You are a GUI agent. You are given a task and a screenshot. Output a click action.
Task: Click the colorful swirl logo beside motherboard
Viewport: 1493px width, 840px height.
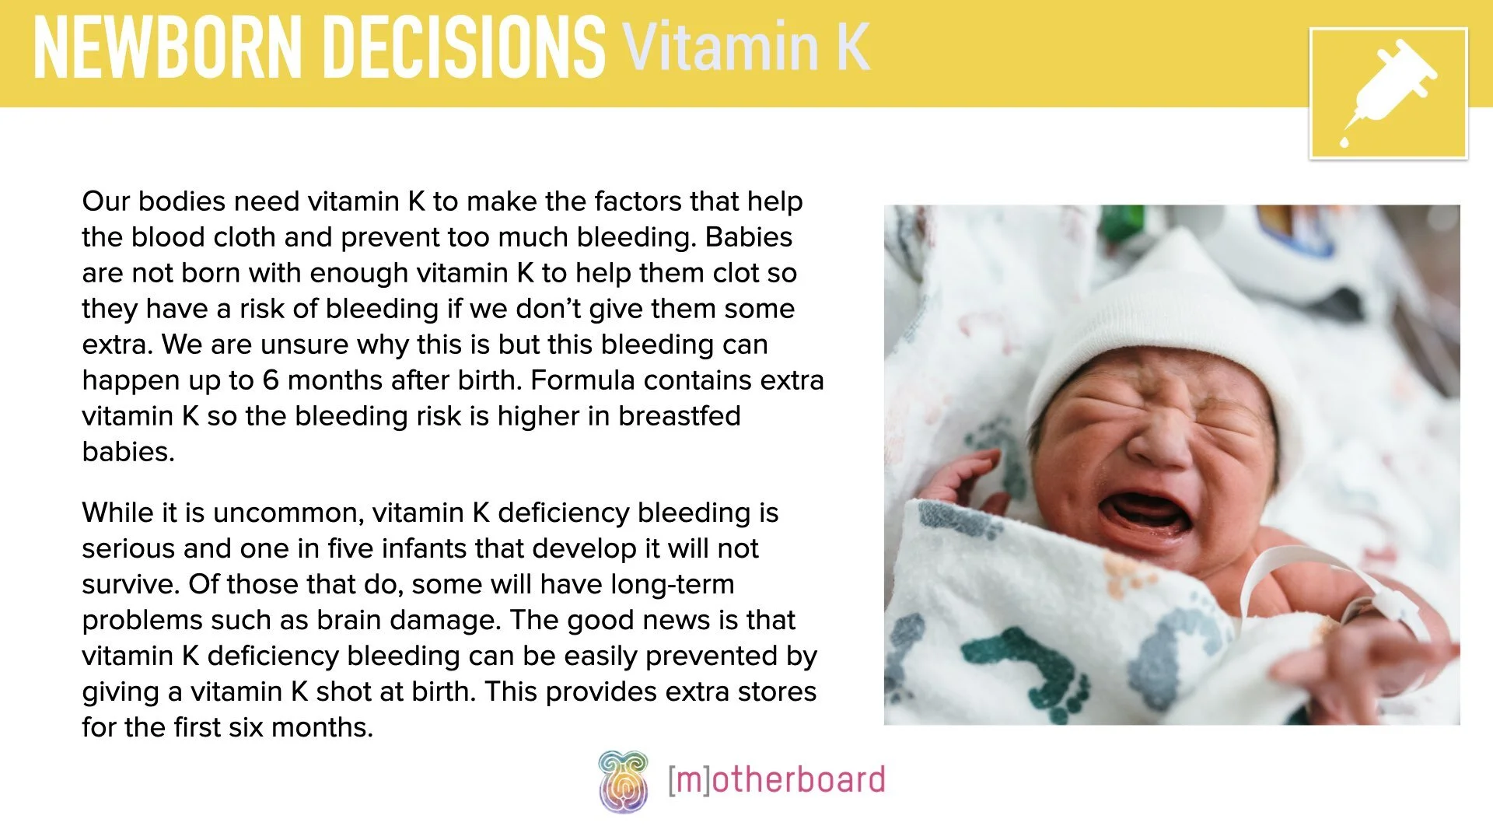click(623, 781)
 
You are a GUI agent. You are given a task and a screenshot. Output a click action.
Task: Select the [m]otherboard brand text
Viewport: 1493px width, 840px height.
click(776, 780)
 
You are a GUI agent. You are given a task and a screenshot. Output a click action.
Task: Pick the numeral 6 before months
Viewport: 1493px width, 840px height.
click(270, 380)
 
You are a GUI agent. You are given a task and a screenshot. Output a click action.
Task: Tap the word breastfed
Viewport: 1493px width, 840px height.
click(679, 416)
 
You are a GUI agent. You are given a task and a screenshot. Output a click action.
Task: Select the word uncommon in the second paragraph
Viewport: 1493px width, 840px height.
click(288, 513)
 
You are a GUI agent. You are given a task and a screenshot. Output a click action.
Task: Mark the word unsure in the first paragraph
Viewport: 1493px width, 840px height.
click(304, 345)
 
